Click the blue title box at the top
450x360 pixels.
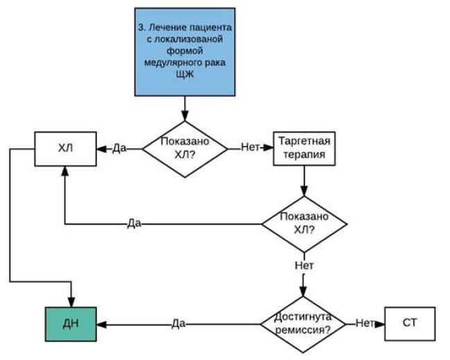[185, 52]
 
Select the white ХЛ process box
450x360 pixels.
[65, 148]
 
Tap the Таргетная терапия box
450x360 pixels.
[304, 148]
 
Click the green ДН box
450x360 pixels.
[71, 324]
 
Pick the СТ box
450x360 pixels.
[410, 324]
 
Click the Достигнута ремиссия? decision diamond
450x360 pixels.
[303, 325]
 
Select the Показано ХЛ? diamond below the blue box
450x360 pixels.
[185, 149]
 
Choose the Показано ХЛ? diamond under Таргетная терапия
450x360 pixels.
[304, 224]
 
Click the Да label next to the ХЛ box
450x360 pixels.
[119, 148]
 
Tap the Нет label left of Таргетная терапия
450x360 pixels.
[250, 147]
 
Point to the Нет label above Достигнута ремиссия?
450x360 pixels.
[304, 266]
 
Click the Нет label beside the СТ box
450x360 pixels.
[365, 323]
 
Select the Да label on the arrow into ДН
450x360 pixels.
[178, 323]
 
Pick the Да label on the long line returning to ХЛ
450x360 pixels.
[134, 223]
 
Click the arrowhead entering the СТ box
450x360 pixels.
[380, 325]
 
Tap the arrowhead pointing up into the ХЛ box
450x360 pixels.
[65, 171]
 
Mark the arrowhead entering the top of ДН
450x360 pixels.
[71, 302]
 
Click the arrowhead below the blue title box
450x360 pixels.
[185, 117]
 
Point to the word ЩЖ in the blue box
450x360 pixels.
[185, 74]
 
